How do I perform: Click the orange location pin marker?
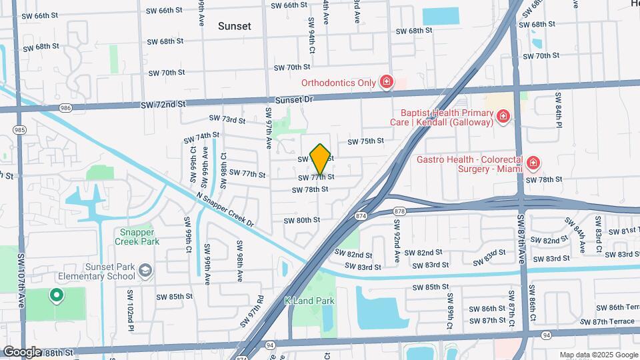(x=321, y=159)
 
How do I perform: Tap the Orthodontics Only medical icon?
(x=385, y=83)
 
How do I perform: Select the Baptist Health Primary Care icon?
(x=503, y=118)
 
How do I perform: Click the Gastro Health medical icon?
(x=533, y=163)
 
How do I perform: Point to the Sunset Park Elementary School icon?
(x=146, y=270)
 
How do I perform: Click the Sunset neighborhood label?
(x=235, y=26)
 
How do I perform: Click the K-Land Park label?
(x=309, y=301)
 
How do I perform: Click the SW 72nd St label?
(x=163, y=105)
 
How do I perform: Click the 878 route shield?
(x=399, y=211)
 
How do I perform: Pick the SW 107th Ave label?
(x=21, y=280)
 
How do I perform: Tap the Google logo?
(x=21, y=351)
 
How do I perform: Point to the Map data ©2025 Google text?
(x=598, y=355)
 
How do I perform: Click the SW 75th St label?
(x=365, y=141)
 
